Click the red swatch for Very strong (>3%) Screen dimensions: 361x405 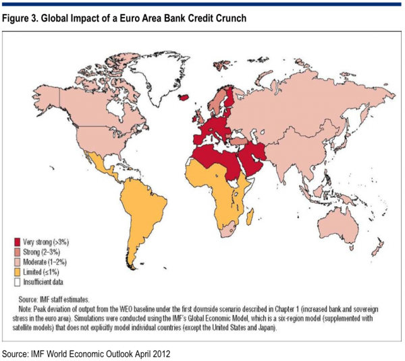[18, 240]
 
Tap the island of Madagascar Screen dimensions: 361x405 [251, 215]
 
